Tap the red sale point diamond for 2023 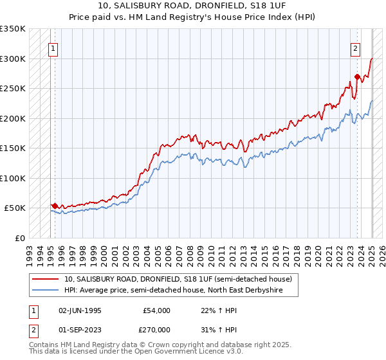point(357,77)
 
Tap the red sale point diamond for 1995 point(55,206)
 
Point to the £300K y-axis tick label point(13,59)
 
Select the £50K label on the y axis point(15,208)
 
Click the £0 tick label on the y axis point(20,238)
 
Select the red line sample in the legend point(46,279)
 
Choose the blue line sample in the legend point(46,290)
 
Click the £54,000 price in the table point(157,310)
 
